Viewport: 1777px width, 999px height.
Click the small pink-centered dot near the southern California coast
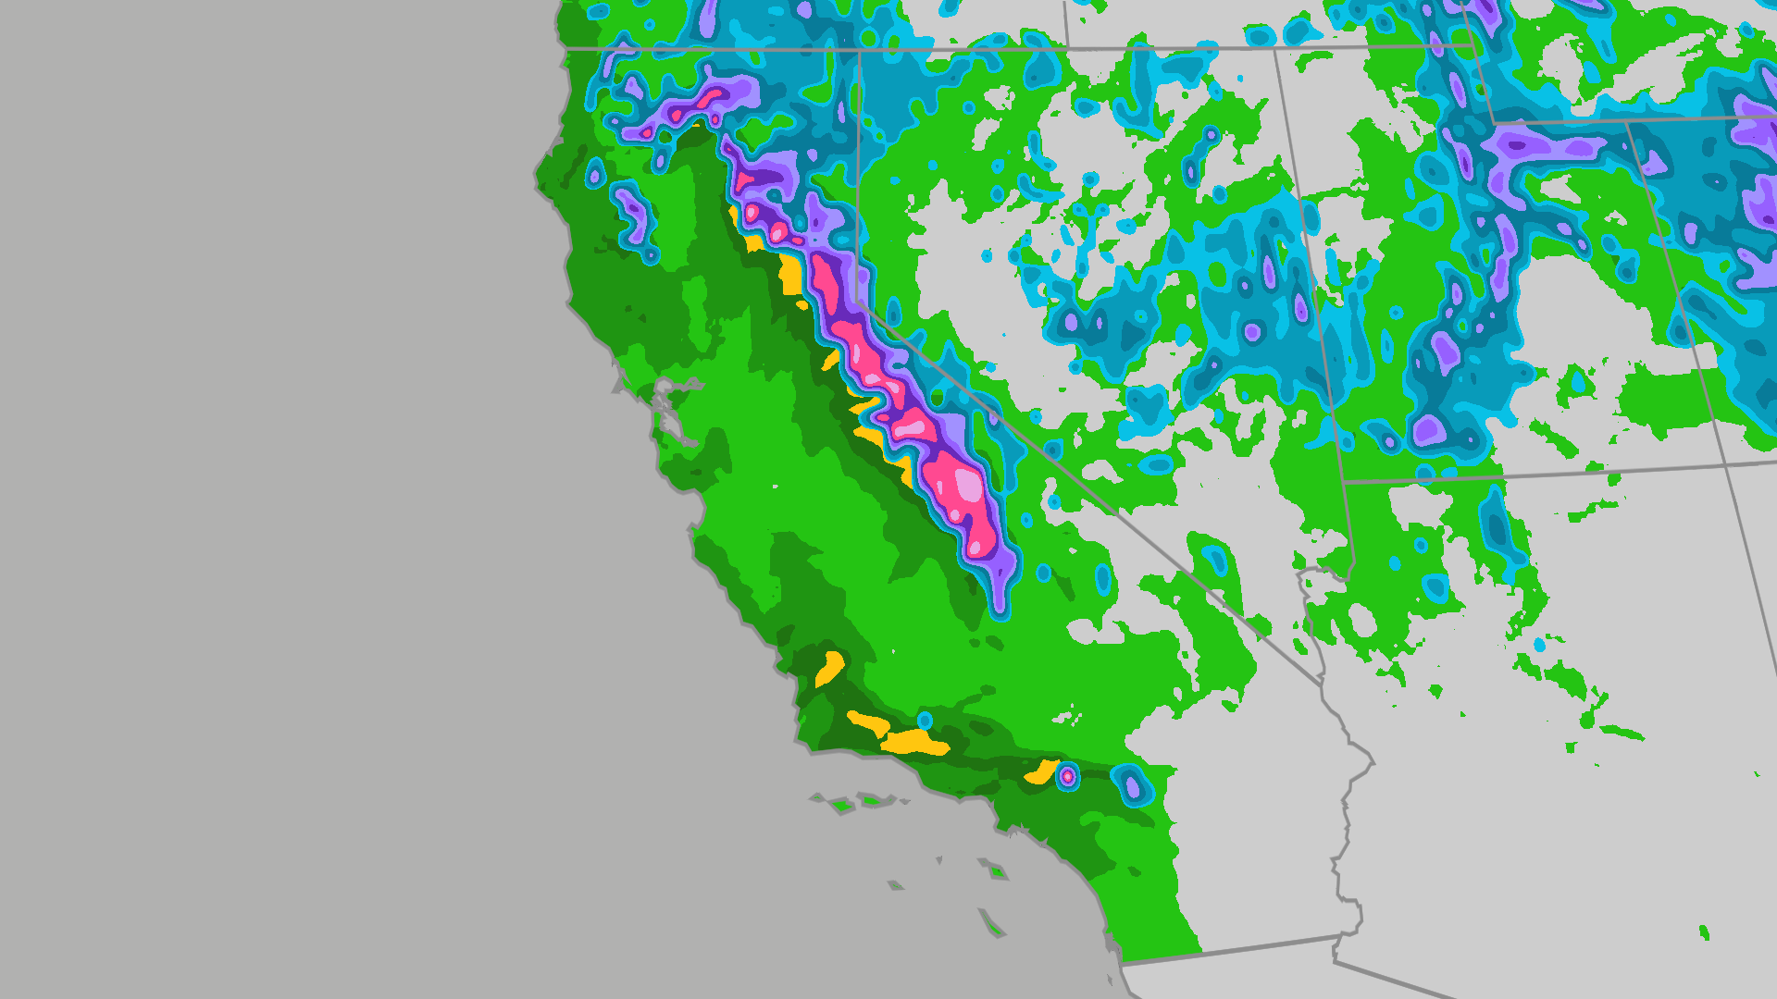click(1067, 776)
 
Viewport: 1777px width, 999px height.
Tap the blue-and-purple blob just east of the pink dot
click(1132, 786)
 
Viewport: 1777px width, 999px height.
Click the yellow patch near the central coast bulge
click(829, 668)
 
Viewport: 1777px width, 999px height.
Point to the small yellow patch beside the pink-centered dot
click(1042, 772)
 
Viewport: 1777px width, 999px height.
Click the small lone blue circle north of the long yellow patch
click(925, 721)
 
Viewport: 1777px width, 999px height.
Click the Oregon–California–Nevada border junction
click(859, 50)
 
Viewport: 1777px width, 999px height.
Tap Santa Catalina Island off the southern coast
click(997, 870)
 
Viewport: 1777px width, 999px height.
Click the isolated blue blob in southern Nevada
click(1214, 560)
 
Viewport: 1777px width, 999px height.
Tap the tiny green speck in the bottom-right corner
click(1704, 932)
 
